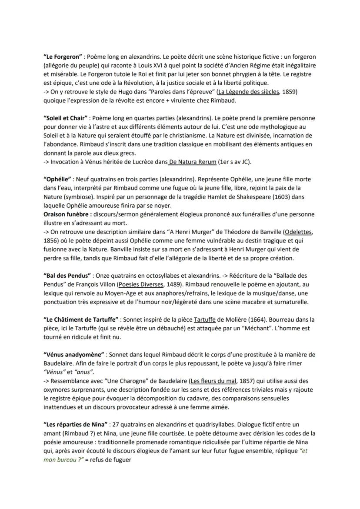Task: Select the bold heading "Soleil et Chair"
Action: pos(66,118)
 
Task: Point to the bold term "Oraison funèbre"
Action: pos(67,214)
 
